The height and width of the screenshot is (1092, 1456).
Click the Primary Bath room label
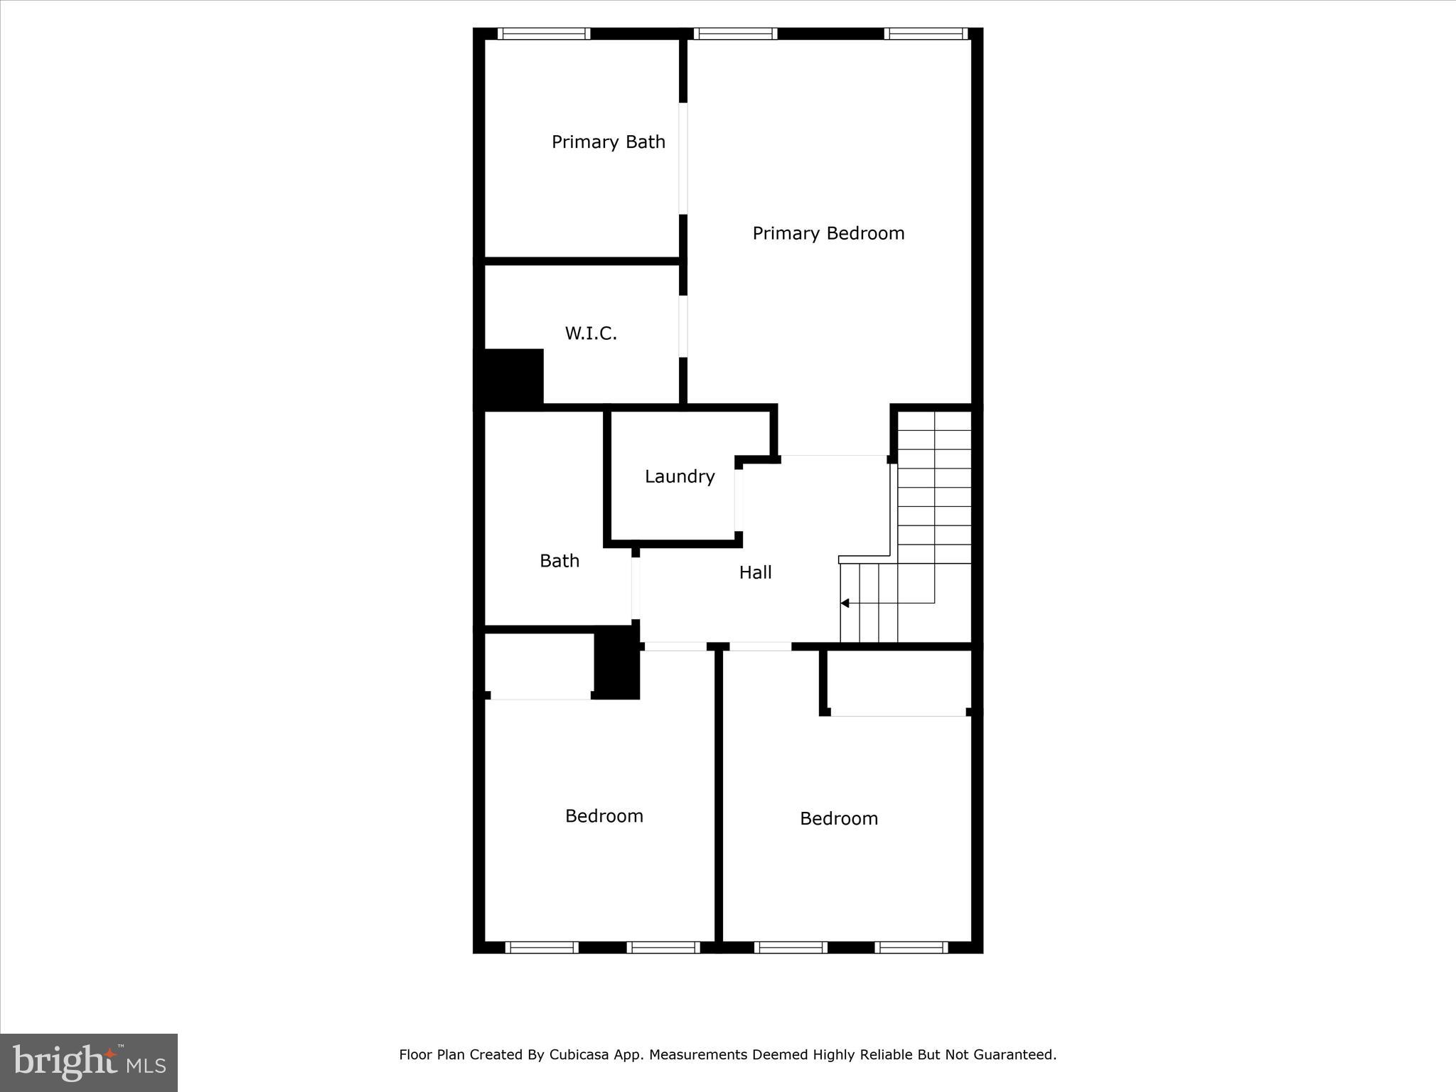pos(608,142)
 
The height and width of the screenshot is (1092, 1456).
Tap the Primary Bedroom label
pos(828,233)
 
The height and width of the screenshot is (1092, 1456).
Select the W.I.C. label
pos(591,333)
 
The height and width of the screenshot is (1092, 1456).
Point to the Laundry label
pos(680,476)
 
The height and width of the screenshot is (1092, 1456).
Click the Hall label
pos(755,572)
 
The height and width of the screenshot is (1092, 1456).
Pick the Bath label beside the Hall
pos(560,561)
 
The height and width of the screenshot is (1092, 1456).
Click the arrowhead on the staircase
pos(845,603)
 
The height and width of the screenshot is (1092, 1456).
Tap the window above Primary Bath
pos(544,33)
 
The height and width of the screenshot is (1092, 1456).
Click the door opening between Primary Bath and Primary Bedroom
pos(683,158)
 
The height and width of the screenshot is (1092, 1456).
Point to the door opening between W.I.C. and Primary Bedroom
pos(683,326)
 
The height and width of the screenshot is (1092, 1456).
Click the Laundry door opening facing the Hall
pos(739,500)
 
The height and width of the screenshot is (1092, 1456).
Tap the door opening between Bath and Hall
pos(636,588)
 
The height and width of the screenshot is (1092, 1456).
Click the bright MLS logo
pos(89,1062)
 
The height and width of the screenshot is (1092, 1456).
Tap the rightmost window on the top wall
pos(926,33)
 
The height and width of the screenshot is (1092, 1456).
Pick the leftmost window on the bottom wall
pos(542,947)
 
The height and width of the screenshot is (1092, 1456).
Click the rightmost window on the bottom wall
pos(911,947)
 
